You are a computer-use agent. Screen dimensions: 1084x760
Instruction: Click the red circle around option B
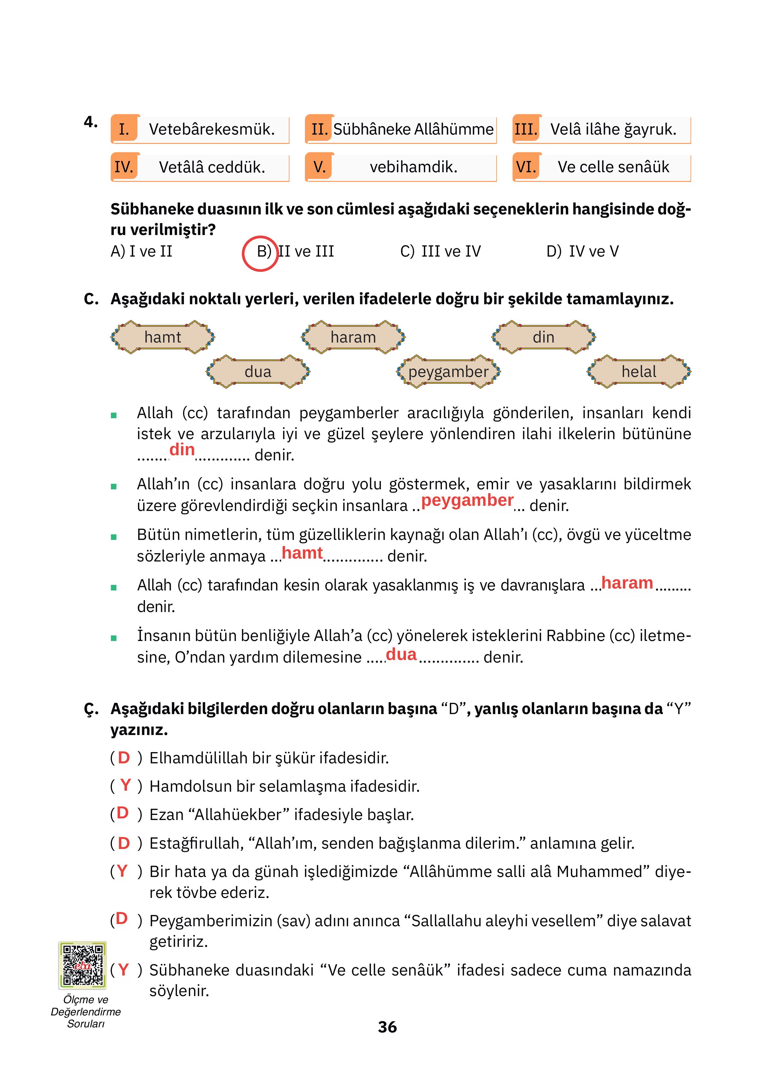click(260, 253)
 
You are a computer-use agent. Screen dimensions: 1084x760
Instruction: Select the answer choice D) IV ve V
click(582, 251)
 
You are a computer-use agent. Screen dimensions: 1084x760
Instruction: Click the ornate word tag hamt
click(162, 337)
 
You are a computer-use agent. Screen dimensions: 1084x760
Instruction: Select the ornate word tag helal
click(639, 372)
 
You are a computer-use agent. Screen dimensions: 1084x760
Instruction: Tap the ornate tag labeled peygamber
click(448, 372)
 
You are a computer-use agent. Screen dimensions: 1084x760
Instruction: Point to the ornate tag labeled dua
click(258, 372)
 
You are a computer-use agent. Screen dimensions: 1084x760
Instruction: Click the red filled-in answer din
click(182, 449)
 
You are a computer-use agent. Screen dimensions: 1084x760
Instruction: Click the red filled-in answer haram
click(627, 583)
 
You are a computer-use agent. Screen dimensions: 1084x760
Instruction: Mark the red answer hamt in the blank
click(302, 552)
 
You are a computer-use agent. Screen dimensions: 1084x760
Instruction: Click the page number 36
click(387, 1027)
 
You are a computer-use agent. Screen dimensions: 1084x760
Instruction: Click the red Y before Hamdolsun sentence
click(125, 785)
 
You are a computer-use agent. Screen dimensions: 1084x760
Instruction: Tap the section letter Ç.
click(91, 709)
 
